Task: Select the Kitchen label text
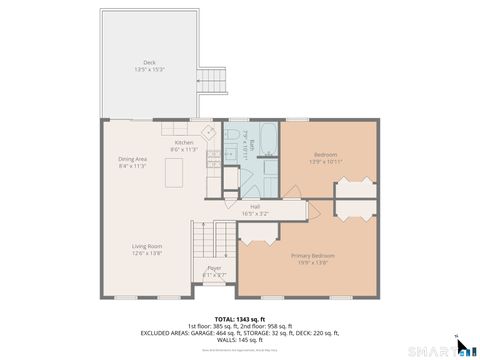click(184, 142)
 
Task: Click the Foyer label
click(214, 267)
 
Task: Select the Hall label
click(255, 207)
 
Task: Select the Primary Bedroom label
click(312, 255)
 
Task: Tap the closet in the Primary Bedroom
click(257, 233)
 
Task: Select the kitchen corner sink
click(209, 130)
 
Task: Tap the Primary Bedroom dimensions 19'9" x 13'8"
click(312, 262)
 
